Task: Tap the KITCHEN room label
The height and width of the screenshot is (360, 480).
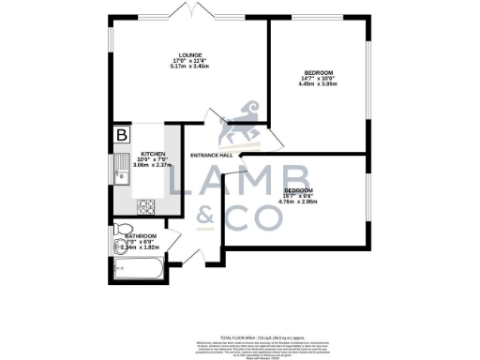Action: pos(153,154)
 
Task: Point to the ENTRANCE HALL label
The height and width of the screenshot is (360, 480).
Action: pos(211,155)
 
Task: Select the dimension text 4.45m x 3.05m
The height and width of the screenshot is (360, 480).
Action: pos(317,83)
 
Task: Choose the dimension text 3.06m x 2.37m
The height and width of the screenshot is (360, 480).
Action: pos(153,165)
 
